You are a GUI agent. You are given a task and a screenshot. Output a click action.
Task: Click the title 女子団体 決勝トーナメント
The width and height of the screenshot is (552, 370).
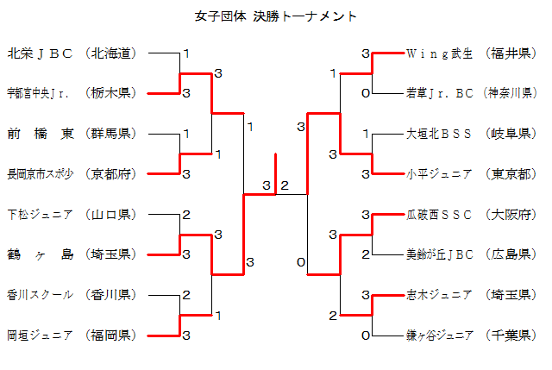click(x=276, y=16)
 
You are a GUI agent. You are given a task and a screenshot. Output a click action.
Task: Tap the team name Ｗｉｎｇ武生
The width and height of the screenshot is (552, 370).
click(x=439, y=53)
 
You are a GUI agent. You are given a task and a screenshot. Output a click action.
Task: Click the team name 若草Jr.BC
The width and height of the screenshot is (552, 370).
click(x=439, y=93)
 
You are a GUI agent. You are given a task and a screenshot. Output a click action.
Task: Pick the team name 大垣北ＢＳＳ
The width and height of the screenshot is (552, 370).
click(x=439, y=134)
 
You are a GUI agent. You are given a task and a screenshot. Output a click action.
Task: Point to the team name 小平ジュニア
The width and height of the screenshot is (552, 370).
click(x=439, y=174)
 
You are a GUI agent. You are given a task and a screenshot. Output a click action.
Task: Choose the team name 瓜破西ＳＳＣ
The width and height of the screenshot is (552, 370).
click(x=439, y=214)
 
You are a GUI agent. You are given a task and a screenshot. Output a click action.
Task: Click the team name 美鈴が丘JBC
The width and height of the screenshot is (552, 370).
click(x=439, y=254)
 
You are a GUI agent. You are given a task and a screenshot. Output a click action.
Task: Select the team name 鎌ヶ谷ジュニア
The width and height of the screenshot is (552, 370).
click(x=439, y=335)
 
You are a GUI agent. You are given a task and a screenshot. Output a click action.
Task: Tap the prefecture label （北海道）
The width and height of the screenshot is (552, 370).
click(x=113, y=53)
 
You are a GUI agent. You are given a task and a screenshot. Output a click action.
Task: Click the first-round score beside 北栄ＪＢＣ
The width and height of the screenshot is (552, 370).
click(x=185, y=53)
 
